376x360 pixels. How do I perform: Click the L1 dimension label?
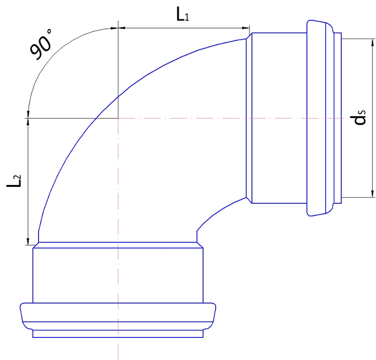click(x=182, y=15)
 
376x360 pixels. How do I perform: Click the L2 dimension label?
click(x=14, y=181)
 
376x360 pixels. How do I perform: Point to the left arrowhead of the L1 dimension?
click(x=121, y=28)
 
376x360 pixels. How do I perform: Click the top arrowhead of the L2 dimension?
click(x=28, y=121)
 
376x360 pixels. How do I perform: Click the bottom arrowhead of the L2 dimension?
click(x=28, y=241)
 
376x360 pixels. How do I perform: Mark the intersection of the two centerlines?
click(x=118, y=118)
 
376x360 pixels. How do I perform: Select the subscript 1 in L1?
click(x=187, y=17)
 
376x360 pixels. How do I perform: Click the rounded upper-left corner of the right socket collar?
click(x=309, y=22)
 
